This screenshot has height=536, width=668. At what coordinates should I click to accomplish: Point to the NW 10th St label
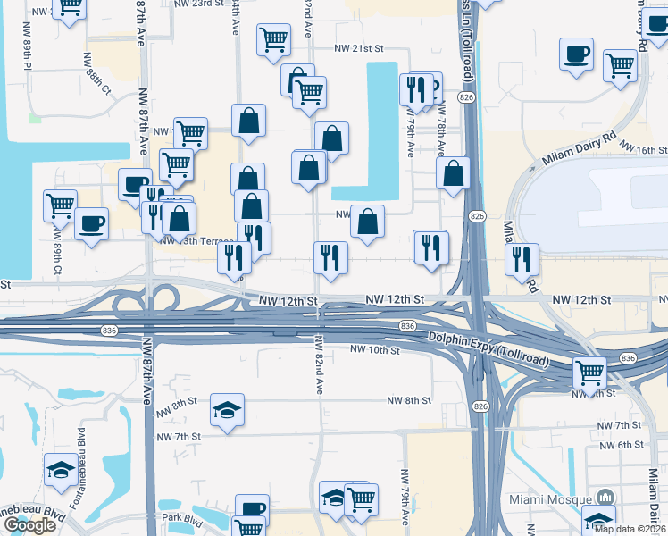(x=374, y=349)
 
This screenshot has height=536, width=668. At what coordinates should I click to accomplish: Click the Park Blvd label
(x=183, y=518)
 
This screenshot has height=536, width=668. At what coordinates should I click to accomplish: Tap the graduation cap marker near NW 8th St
(x=227, y=410)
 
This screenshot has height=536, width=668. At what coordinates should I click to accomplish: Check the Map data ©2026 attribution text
(x=630, y=529)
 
